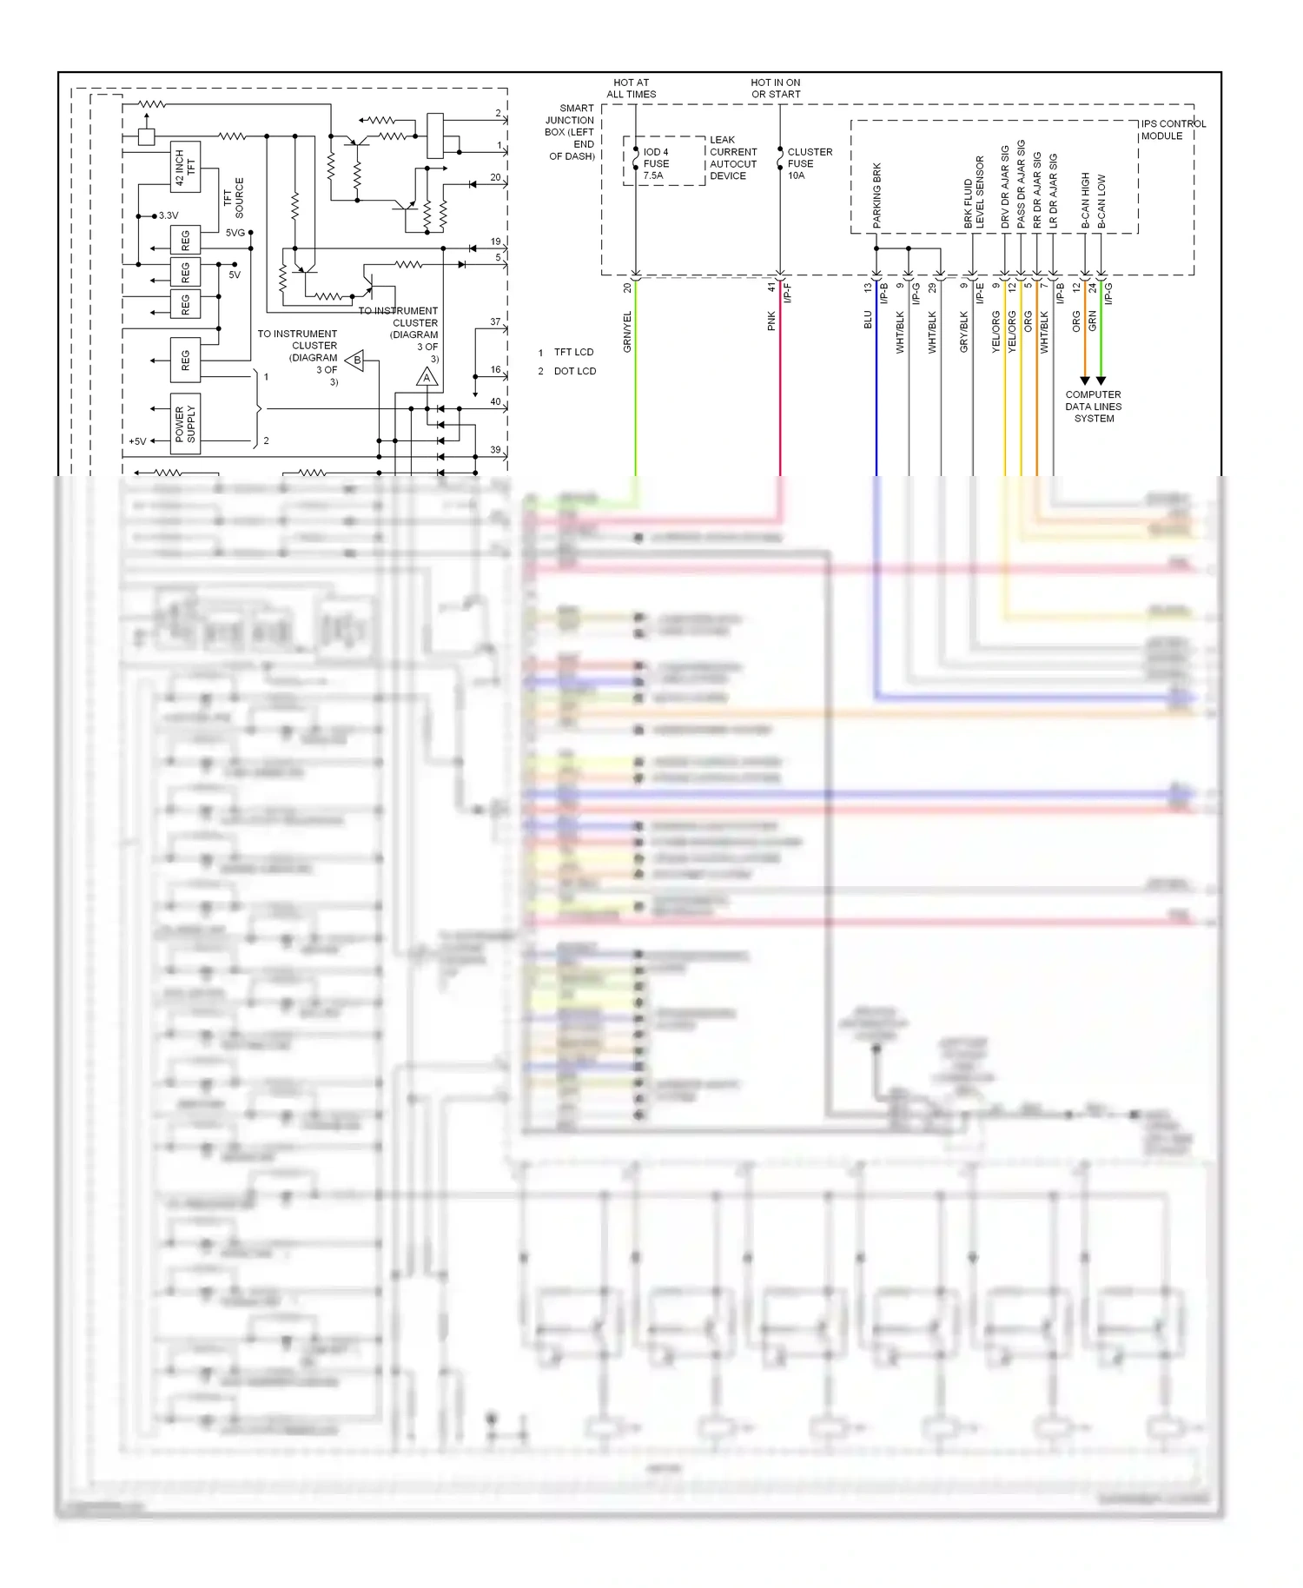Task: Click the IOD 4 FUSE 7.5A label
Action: coord(655,163)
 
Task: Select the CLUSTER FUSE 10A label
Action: coord(809,163)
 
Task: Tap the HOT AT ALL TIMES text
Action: coord(631,89)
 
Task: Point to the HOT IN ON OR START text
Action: coord(776,89)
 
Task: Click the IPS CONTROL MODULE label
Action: coord(1173,129)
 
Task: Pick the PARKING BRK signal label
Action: coord(876,195)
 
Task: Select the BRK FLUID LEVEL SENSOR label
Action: coord(974,192)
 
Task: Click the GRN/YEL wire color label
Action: coord(627,332)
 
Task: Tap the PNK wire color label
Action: coord(771,321)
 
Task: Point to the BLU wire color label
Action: coord(867,321)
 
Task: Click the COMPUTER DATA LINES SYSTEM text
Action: coord(1093,406)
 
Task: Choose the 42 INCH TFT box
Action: coord(185,167)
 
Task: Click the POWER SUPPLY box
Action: coord(185,423)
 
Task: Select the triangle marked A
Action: coord(427,377)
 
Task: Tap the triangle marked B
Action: coord(355,361)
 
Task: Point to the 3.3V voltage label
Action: coord(168,215)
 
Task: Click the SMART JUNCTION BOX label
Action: coord(571,132)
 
